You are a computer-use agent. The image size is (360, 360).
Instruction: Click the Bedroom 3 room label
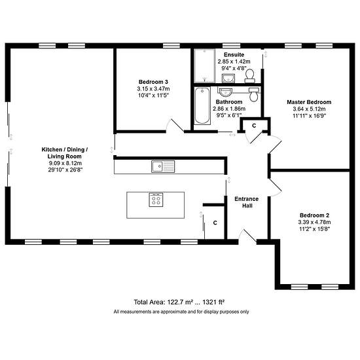[x=153, y=82]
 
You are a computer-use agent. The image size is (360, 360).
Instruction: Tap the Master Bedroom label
[x=309, y=102]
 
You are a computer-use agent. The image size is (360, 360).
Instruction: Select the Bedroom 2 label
[x=314, y=215]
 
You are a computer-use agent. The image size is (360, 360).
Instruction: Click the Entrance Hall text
[x=247, y=202]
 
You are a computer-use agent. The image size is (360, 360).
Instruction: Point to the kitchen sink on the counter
[x=163, y=166]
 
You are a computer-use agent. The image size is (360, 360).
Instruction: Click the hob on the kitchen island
[x=156, y=200]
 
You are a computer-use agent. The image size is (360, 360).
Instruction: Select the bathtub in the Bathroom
[x=202, y=105]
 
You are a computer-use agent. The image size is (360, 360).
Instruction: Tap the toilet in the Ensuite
[x=249, y=76]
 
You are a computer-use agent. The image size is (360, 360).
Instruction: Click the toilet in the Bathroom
[x=254, y=94]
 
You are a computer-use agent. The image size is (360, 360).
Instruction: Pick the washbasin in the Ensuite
[x=228, y=78]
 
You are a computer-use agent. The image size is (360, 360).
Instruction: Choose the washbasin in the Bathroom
[x=226, y=92]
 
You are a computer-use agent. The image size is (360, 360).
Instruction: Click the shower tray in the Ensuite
[x=205, y=66]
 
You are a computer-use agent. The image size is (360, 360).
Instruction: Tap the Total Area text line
[x=179, y=302]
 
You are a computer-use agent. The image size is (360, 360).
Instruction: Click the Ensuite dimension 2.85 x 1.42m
[x=234, y=62]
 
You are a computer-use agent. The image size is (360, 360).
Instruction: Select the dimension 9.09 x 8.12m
[x=65, y=163]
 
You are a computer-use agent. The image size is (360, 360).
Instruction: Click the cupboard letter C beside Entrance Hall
[x=215, y=223]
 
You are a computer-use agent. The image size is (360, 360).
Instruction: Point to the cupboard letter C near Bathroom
[x=254, y=126]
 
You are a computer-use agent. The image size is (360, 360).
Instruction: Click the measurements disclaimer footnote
[x=181, y=312]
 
